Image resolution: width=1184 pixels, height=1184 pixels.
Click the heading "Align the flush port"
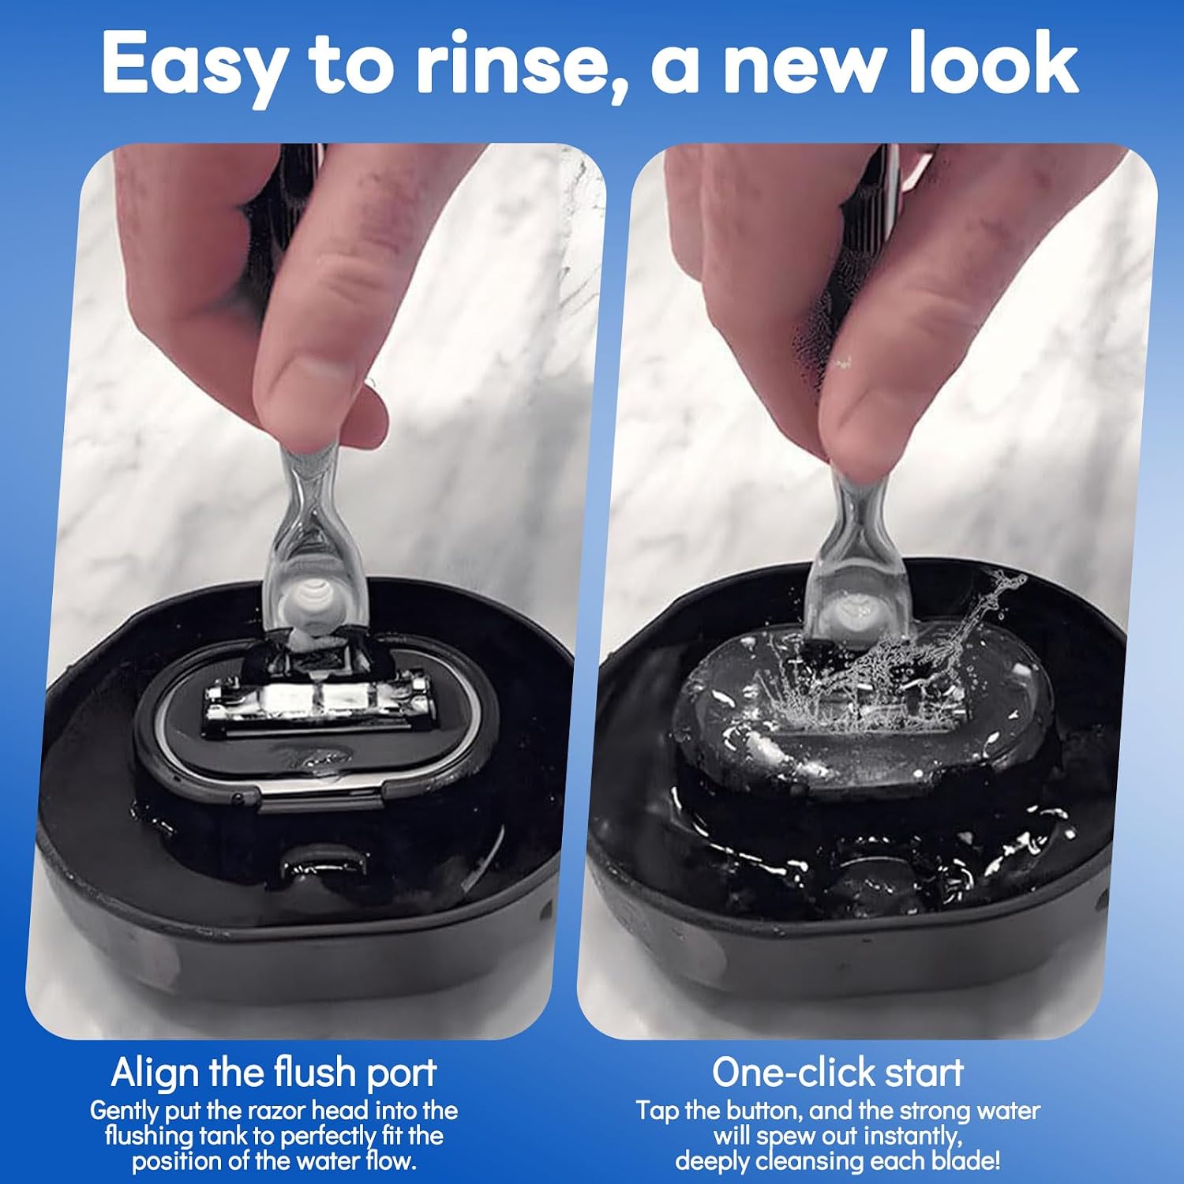274,1072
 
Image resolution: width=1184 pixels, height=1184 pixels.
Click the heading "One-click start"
838,1072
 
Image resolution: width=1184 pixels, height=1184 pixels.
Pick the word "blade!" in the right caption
964,1160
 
